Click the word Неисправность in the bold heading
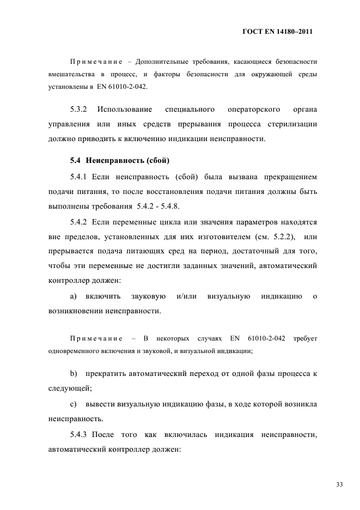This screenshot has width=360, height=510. [x=113, y=161]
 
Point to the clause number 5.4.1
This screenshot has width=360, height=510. [x=80, y=178]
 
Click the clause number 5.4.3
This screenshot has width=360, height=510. [x=80, y=436]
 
